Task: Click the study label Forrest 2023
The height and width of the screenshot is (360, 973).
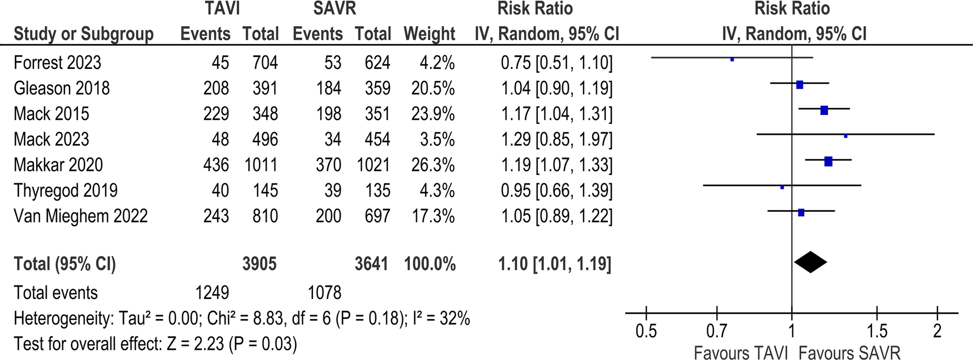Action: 57,63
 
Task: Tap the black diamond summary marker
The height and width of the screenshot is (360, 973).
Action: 810,262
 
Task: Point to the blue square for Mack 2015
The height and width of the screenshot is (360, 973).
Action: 824,111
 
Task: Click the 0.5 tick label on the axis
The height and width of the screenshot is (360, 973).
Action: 646,332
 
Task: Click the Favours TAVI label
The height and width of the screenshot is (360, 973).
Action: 741,353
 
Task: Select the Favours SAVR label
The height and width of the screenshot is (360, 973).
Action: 849,353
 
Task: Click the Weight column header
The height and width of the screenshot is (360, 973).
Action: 429,34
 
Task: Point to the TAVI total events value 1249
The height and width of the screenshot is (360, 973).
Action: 209,293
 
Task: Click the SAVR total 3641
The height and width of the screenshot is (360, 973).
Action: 371,263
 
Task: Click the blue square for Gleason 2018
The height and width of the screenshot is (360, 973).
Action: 799,85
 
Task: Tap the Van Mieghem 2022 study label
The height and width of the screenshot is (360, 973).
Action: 81,216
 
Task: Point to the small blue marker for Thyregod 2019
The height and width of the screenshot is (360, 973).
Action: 782,187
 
